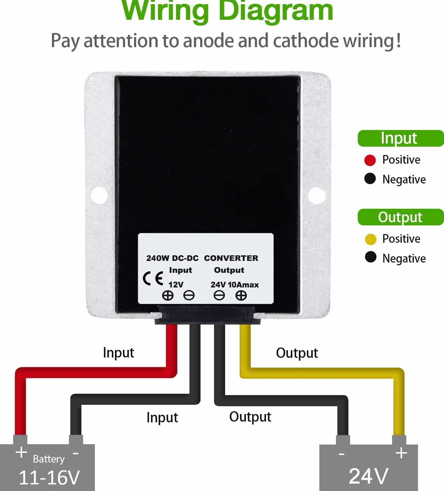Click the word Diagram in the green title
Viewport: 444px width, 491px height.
point(276,11)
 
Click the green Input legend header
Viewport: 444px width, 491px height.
point(400,138)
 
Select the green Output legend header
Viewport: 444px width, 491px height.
point(400,217)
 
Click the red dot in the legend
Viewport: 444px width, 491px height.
point(370,160)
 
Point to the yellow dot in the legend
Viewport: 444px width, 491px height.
point(371,239)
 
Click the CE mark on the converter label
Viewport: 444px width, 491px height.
point(153,278)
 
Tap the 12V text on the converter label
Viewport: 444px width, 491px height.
point(176,285)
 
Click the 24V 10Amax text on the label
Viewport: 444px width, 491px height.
point(235,285)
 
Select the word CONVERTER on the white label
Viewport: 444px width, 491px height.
point(231,258)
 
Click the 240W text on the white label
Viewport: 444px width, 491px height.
point(158,258)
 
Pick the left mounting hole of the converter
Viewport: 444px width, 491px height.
point(99,195)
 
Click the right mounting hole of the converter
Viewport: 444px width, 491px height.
point(317,195)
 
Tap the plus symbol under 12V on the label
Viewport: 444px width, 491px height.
point(168,295)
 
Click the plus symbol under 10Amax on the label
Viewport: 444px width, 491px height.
point(241,295)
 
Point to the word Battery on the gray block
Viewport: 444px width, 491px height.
point(48,459)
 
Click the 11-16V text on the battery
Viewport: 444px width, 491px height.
point(49,477)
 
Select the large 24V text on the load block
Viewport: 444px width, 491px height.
point(368,476)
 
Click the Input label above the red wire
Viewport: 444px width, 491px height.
point(118,353)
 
